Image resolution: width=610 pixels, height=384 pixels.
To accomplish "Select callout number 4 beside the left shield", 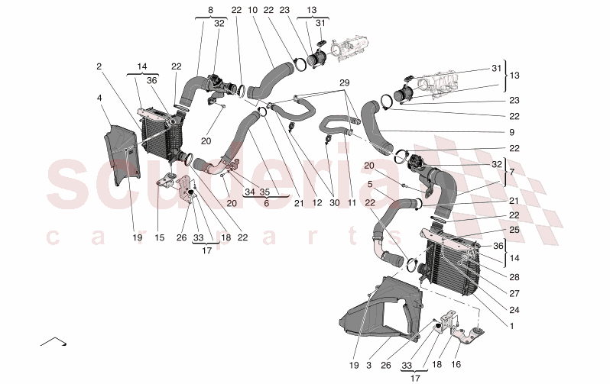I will coord(99,98).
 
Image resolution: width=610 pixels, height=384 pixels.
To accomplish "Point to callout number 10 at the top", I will coord(251,10).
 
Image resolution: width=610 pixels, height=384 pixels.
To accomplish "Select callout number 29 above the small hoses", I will coord(344,82).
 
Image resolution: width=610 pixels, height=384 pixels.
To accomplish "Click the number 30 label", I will coord(333,203).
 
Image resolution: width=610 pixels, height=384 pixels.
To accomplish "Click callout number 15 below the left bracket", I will coord(158,237).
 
